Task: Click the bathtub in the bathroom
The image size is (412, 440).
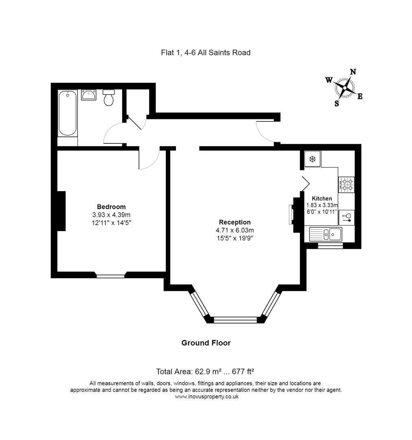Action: [x=68, y=113]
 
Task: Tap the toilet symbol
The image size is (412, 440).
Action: [x=108, y=98]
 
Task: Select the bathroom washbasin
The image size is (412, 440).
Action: [x=89, y=95]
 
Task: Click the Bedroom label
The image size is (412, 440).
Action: [x=111, y=207]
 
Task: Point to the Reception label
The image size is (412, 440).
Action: [x=234, y=222]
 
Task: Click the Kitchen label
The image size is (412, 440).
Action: [x=322, y=198]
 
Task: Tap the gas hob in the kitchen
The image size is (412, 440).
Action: [x=346, y=185]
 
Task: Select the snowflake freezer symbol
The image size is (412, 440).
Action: [x=313, y=159]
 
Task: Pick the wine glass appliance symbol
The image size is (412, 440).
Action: [x=346, y=217]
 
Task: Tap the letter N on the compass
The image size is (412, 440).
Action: [x=353, y=72]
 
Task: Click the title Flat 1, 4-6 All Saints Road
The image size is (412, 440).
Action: [x=206, y=53]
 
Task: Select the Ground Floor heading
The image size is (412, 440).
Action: [x=206, y=343]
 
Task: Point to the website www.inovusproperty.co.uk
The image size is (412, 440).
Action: [x=206, y=396]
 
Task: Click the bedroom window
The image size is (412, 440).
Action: [x=111, y=276]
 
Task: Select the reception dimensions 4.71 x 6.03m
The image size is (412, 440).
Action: [x=234, y=230]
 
